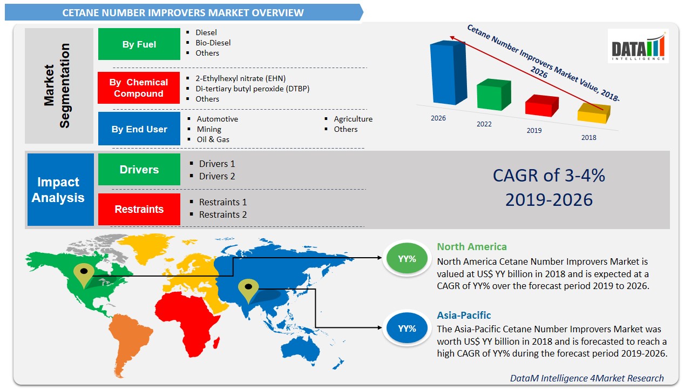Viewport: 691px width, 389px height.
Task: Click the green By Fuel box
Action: pos(139,44)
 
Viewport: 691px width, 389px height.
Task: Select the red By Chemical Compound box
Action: pos(139,88)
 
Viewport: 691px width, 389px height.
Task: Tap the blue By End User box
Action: pos(139,129)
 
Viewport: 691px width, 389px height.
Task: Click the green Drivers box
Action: pos(139,170)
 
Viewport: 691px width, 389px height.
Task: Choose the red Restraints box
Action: pos(139,209)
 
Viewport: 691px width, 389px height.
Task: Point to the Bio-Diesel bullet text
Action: pos(213,43)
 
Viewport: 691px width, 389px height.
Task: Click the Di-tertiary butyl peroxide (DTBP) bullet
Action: pos(252,89)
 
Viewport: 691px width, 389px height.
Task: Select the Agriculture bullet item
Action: pos(353,119)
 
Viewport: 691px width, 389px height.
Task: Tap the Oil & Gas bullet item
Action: pos(213,139)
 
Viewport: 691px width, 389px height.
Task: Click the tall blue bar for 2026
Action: pos(448,72)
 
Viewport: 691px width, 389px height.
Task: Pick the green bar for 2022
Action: pos(493,95)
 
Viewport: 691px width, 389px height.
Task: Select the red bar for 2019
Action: pos(541,105)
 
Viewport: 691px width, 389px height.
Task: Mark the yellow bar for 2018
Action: pos(594,113)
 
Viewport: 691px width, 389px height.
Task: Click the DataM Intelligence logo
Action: pos(638,46)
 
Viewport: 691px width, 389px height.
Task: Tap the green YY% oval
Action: pos(407,258)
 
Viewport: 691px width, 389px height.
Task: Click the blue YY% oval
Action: pos(407,328)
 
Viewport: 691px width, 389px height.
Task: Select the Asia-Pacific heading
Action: pos(464,315)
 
